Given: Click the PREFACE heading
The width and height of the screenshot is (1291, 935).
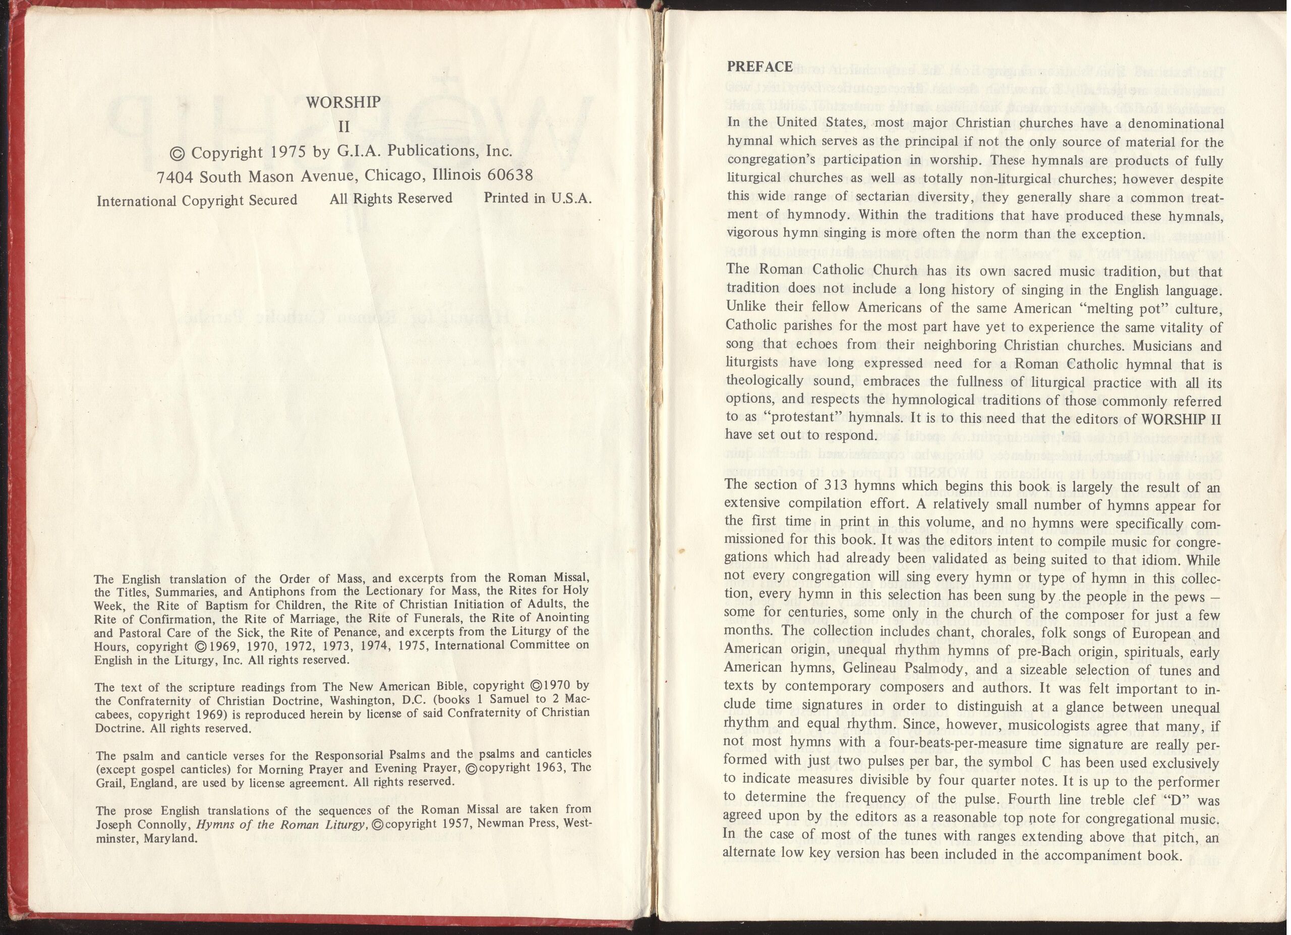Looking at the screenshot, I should [760, 67].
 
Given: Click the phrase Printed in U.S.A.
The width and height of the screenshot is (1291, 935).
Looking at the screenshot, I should [538, 198].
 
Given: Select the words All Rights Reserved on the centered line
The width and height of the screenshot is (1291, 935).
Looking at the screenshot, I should [390, 199].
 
